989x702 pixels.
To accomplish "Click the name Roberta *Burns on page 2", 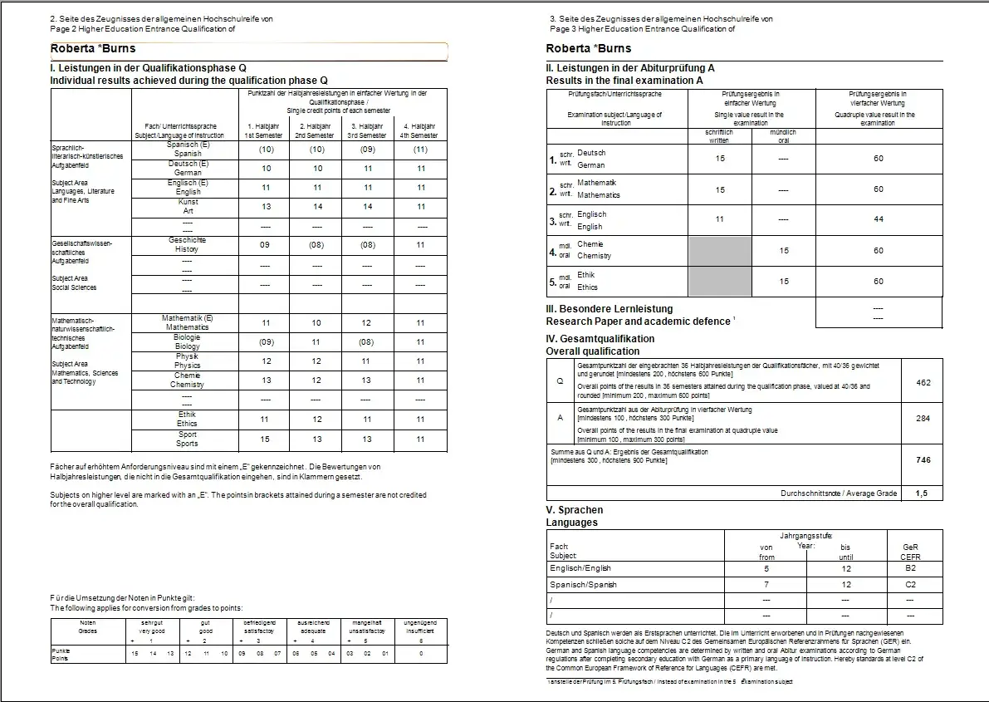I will pos(93,49).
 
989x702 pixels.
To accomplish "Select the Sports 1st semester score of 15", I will pos(266,439).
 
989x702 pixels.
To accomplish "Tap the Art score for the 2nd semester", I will pos(316,206).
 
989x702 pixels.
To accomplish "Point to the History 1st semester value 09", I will pos(266,245).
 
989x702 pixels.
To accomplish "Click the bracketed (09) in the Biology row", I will pos(266,341).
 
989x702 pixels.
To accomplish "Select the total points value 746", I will pos(923,459).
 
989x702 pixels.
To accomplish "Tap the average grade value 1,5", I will pos(922,493).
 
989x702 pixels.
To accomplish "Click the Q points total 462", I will pos(923,383).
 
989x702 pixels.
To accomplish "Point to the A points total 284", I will pos(923,419).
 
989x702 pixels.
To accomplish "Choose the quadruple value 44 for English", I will pos(879,219).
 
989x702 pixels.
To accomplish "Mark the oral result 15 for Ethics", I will pos(784,282).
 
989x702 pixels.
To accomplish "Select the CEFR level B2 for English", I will pos(910,569).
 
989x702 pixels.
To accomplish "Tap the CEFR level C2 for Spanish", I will pos(910,585).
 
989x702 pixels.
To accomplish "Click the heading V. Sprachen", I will pos(574,510).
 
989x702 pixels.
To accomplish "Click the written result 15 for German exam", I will pos(720,158).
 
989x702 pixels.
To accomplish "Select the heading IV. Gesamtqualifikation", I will pos(600,339).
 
